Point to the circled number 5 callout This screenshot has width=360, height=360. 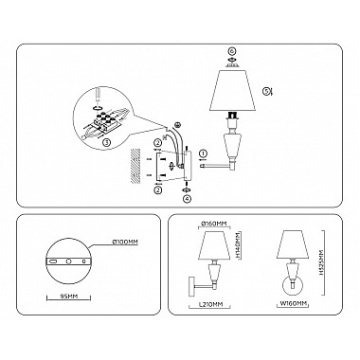pyautogui.click(x=269, y=92)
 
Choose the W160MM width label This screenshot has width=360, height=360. pyautogui.click(x=294, y=305)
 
